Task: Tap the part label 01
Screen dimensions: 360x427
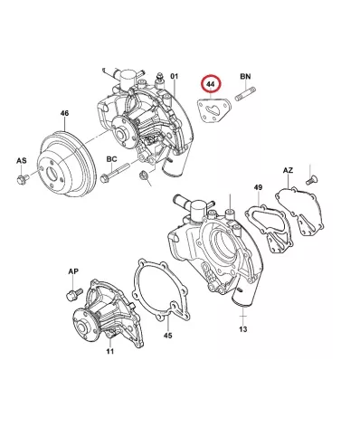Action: coord(175,76)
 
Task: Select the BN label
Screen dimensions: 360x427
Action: coord(245,76)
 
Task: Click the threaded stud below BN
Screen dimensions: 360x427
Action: coord(245,94)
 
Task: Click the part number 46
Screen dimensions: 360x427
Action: coord(64,113)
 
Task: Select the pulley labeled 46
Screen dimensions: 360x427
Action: coord(67,163)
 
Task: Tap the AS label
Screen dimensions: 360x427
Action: coord(22,160)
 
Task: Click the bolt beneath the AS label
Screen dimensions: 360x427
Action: coord(23,178)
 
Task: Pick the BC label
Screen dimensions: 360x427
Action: coord(111,159)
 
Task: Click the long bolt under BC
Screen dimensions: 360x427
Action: coord(115,173)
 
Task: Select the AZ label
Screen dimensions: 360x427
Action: coord(288,170)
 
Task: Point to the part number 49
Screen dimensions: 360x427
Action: coord(258,187)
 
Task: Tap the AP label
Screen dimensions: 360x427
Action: coord(73,271)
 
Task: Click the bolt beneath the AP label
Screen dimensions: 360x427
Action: coord(74,294)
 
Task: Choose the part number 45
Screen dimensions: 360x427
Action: coord(168,336)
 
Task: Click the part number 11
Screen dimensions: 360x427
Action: coord(110,351)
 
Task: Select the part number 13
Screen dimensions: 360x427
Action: coord(243,329)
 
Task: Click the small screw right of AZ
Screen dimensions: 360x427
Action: coord(310,180)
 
